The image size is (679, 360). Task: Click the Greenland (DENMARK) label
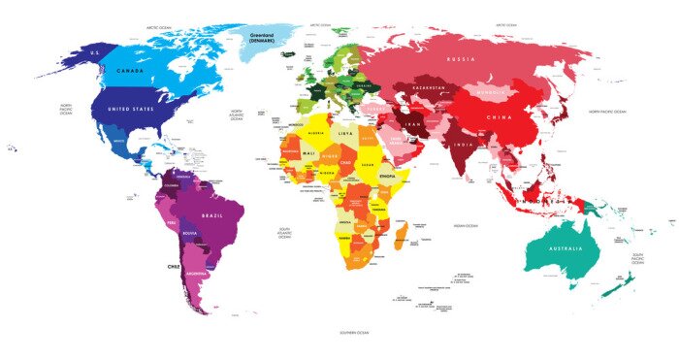click(x=265, y=36)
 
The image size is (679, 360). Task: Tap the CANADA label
click(x=132, y=71)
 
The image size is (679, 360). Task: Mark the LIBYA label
click(x=345, y=132)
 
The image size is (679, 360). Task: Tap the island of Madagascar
click(x=400, y=233)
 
